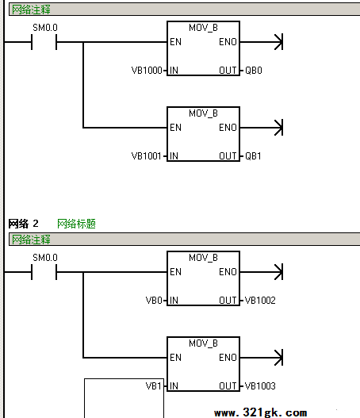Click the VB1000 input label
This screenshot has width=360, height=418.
(x=147, y=71)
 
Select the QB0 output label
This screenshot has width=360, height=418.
(x=254, y=71)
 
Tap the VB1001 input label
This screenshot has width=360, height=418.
(x=146, y=156)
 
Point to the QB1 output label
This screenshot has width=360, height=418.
(x=253, y=156)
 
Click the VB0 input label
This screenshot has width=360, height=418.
(x=154, y=301)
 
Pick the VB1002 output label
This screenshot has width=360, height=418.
(x=260, y=301)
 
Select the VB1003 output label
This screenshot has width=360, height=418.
(x=260, y=386)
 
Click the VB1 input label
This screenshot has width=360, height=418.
(x=154, y=386)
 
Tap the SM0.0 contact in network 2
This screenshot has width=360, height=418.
(x=44, y=272)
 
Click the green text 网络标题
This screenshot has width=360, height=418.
(x=76, y=224)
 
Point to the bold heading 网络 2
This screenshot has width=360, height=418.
(x=24, y=224)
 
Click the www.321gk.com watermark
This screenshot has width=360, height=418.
(x=261, y=412)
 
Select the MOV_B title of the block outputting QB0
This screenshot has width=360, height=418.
(x=203, y=28)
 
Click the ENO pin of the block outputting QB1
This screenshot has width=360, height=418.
(x=228, y=128)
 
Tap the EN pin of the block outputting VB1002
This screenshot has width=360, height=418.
(x=175, y=272)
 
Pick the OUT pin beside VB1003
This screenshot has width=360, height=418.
(x=228, y=386)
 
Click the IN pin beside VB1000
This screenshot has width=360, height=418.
(x=174, y=71)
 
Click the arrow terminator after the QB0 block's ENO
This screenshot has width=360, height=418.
(x=278, y=42)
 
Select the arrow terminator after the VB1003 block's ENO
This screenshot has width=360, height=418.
(x=278, y=358)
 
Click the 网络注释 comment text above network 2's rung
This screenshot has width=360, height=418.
(x=31, y=240)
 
